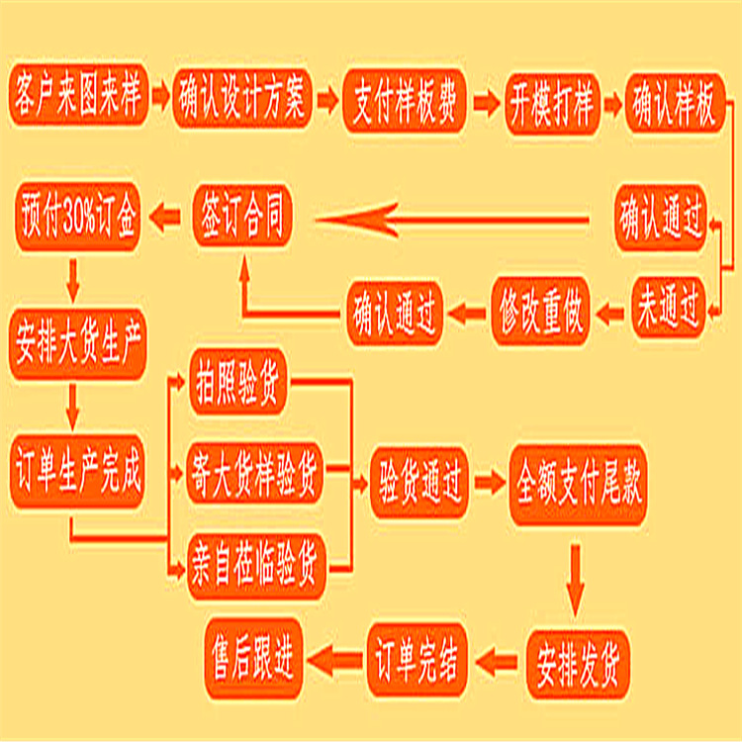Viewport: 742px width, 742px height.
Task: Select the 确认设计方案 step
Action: click(243, 100)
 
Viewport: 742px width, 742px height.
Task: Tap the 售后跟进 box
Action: click(253, 654)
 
